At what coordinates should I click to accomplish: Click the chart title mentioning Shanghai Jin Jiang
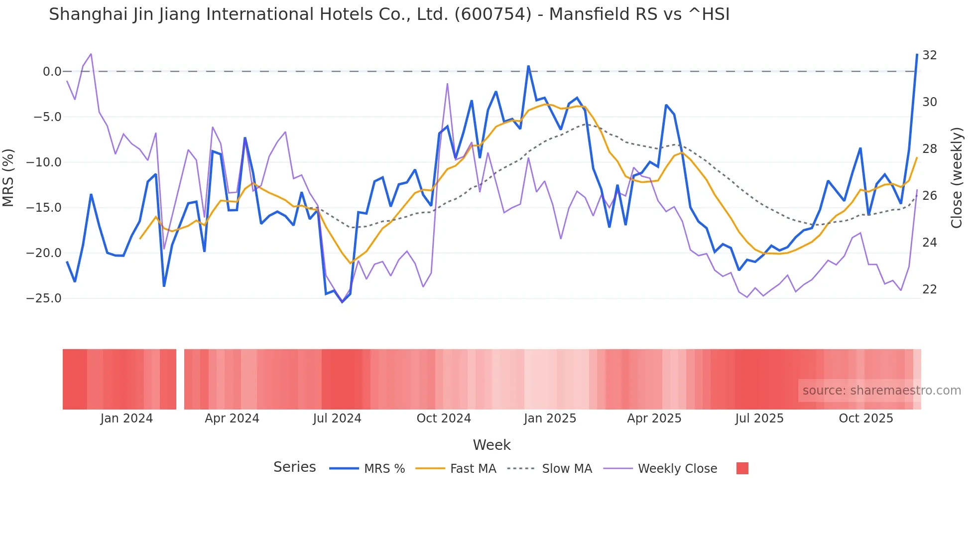point(389,14)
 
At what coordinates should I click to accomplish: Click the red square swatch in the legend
point(742,468)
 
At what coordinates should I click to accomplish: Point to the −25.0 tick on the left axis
point(44,298)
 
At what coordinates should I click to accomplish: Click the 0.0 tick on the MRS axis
point(52,72)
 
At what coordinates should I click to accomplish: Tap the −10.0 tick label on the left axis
point(44,162)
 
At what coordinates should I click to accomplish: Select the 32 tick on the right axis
point(930,55)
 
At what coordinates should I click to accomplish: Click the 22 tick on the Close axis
point(930,289)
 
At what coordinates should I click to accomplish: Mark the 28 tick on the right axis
point(930,149)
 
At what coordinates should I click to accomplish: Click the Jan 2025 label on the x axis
point(550,418)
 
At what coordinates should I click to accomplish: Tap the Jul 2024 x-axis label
point(337,418)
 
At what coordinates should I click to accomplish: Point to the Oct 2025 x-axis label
point(866,418)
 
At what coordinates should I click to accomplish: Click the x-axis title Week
point(491,445)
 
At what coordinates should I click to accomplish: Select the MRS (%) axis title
point(8,177)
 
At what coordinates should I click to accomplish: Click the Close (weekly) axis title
point(957,178)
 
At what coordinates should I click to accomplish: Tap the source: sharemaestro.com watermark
point(881,391)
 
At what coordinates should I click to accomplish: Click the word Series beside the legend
point(294,467)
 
